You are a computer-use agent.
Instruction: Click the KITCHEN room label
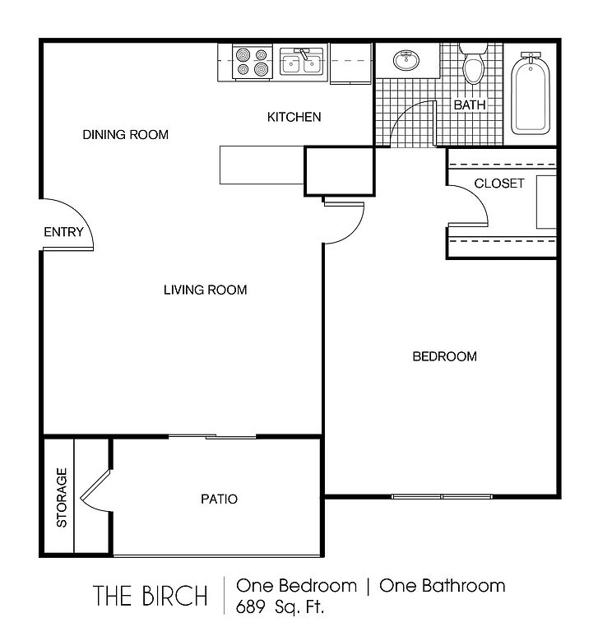coord(294,118)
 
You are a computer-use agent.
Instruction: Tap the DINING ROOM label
coord(126,135)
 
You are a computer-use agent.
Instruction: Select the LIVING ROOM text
coord(206,290)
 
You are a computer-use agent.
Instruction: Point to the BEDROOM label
coord(445,356)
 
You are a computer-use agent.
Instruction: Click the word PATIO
coord(220,499)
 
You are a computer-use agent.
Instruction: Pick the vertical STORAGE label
coord(62,498)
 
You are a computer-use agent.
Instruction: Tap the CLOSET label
coord(499,184)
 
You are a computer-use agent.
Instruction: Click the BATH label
coord(470,105)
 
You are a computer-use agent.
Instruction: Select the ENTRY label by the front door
coord(63,232)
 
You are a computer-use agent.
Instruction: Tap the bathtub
coord(531,94)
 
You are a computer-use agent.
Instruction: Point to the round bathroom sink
coord(406,60)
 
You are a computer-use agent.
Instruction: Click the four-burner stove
coord(253,62)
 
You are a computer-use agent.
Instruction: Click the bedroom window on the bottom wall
coord(442,496)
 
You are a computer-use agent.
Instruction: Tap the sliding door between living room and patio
coord(212,436)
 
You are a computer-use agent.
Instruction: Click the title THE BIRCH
coord(151,596)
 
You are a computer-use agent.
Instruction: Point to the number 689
coord(250,606)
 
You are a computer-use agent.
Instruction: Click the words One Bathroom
coord(443,586)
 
